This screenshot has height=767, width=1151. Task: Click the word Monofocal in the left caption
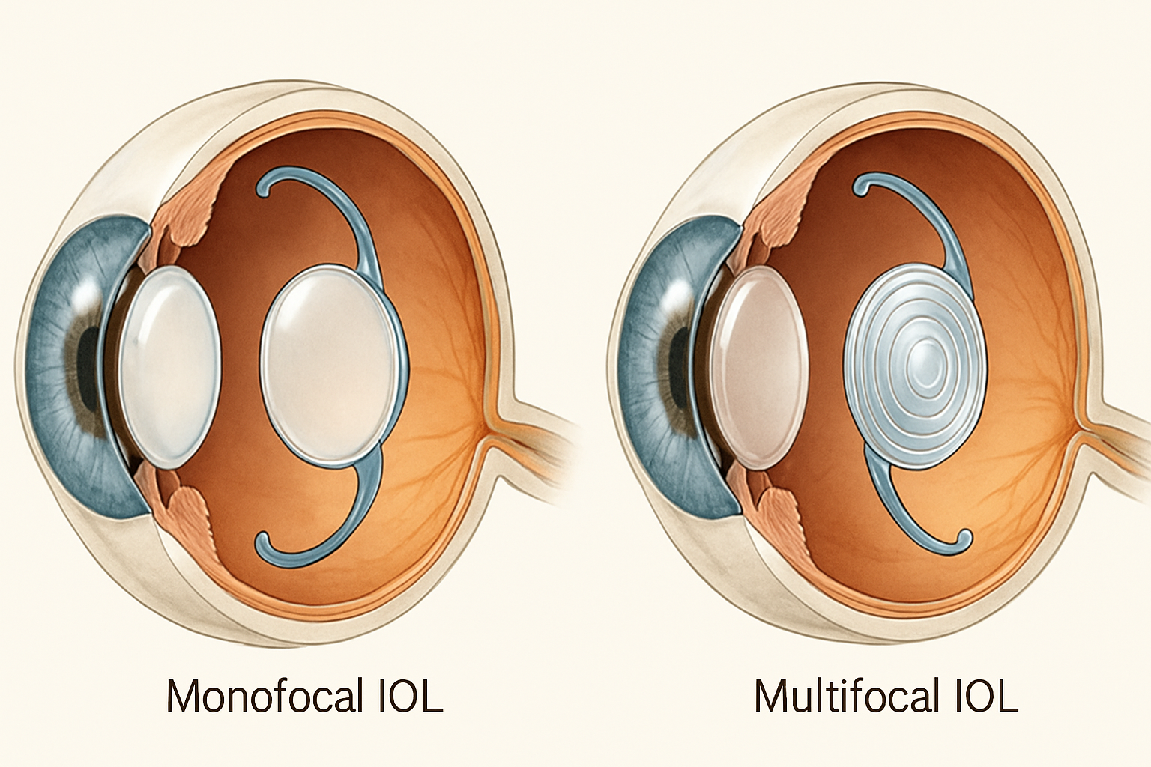pyautogui.click(x=262, y=697)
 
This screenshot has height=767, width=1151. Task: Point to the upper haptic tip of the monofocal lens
pyautogui.click(x=265, y=188)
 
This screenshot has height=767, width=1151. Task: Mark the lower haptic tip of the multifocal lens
pyautogui.click(x=965, y=537)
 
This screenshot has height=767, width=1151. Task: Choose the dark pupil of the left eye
pyautogui.click(x=88, y=367)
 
